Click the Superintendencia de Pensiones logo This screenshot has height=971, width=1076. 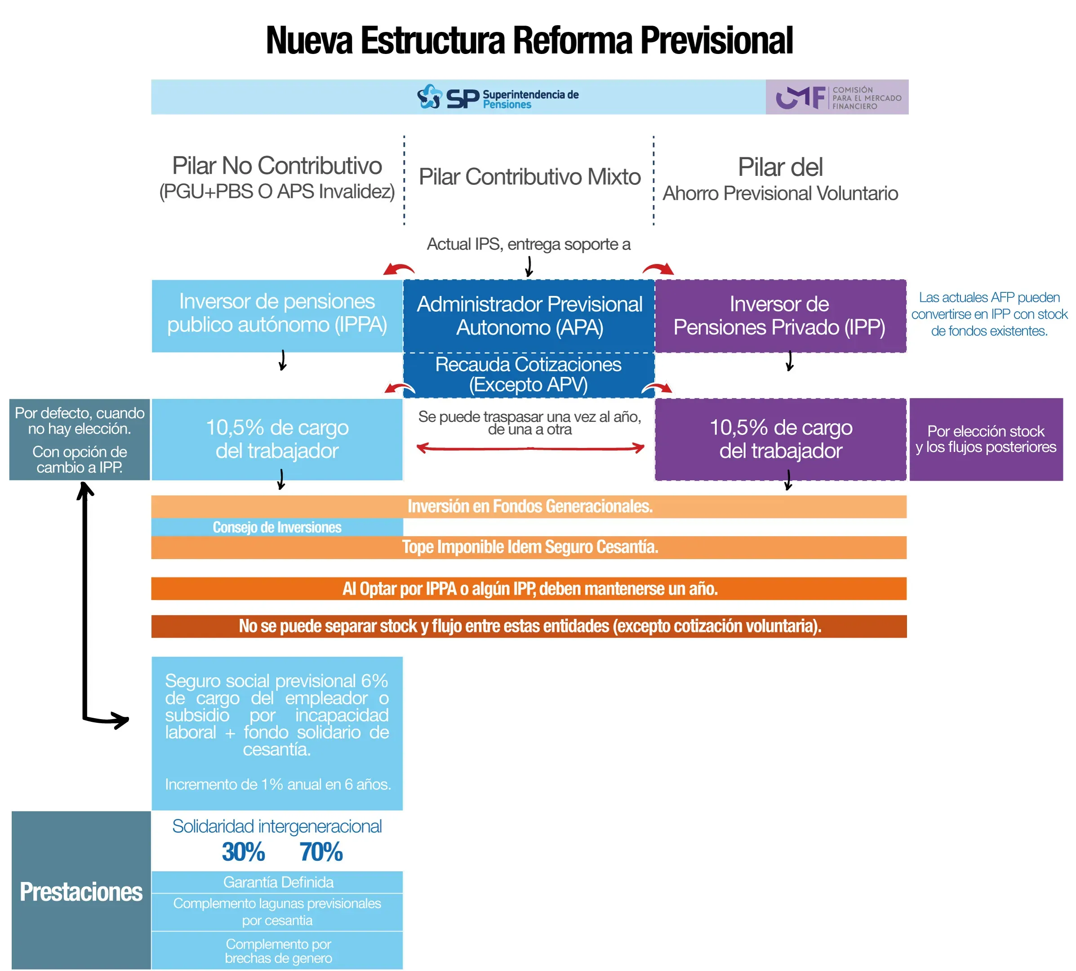[x=497, y=97]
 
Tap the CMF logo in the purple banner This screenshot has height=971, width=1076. [x=837, y=98]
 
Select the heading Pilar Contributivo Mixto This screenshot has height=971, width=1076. [x=529, y=177]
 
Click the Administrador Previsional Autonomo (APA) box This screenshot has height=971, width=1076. [x=529, y=315]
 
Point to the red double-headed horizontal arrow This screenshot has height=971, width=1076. [x=530, y=448]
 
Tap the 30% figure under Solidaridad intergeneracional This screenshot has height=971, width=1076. [x=243, y=852]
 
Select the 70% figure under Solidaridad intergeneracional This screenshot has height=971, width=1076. [x=320, y=852]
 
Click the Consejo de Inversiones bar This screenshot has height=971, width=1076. [x=277, y=527]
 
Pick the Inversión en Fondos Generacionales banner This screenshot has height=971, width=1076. [x=529, y=506]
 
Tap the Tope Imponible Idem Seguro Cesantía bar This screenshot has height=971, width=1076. [x=529, y=547]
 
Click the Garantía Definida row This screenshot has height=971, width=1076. [x=278, y=882]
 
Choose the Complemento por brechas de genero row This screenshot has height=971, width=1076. [x=278, y=951]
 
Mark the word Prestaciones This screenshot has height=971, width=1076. [x=81, y=892]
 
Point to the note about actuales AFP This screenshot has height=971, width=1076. [x=989, y=314]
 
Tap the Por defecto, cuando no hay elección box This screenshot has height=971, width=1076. [x=80, y=439]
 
